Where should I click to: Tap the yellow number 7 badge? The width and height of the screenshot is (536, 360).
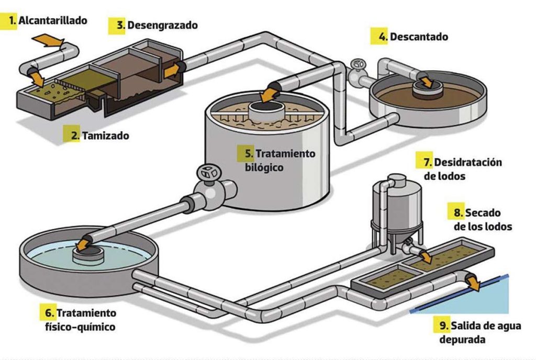pos(425,162)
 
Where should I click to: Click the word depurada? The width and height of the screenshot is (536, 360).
pos(456,339)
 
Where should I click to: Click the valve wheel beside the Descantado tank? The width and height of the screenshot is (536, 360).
pos(359,64)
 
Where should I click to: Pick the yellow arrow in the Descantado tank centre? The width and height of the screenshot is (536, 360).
pos(426,81)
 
